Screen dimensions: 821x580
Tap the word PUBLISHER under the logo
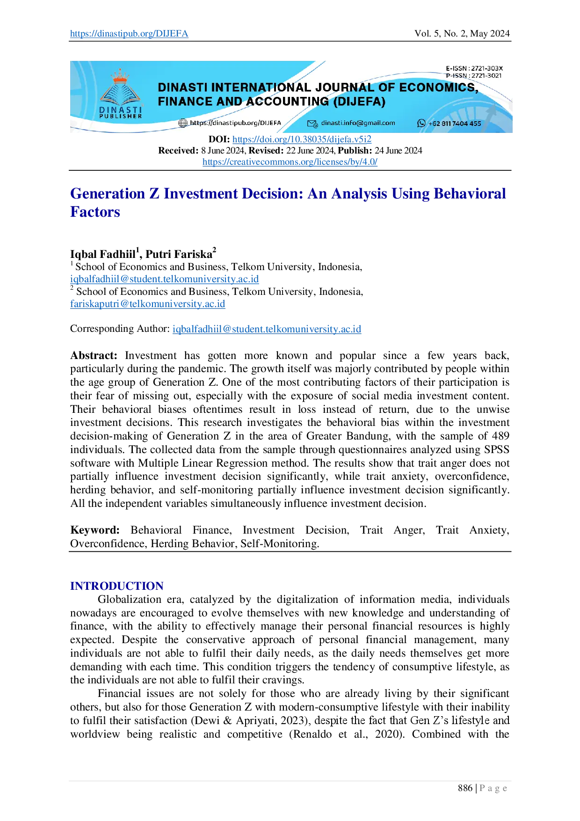click(x=120, y=116)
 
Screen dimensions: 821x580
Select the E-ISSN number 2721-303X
click(x=486, y=68)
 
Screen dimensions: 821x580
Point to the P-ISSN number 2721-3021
click(x=486, y=75)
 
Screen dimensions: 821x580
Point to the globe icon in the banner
click(x=183, y=123)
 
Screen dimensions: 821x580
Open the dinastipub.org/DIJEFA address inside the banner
click(x=235, y=123)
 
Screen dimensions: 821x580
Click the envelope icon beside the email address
click(x=312, y=123)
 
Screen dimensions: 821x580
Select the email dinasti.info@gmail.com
click(x=358, y=123)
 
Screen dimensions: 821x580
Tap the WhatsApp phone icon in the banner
click(x=421, y=123)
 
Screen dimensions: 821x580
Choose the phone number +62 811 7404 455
click(x=455, y=124)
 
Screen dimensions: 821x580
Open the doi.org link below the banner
click(x=303, y=139)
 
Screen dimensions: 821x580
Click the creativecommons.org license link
click(x=290, y=162)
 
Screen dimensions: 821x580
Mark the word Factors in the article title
click(x=94, y=212)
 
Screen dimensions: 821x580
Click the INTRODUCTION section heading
click(x=116, y=586)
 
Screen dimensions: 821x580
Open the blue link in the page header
click(x=129, y=34)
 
